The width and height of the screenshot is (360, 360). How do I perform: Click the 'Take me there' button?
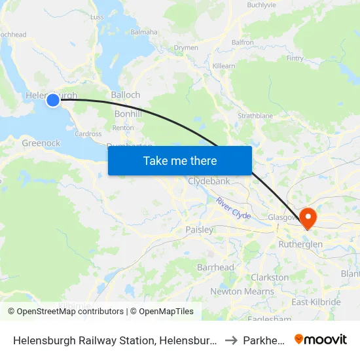(x=180, y=160)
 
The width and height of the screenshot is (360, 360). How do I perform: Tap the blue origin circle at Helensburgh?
(x=53, y=99)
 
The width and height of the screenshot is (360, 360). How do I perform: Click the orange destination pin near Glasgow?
(x=306, y=217)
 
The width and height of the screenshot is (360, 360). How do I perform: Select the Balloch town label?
(x=125, y=95)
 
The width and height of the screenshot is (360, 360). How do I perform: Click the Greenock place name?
(x=41, y=143)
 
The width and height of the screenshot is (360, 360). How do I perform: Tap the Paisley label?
(x=199, y=230)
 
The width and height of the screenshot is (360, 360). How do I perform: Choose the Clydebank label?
(x=208, y=181)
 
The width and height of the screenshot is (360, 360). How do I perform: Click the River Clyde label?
(x=233, y=207)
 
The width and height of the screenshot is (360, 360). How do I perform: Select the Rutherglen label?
(x=300, y=244)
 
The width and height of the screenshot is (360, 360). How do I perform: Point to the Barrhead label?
(x=215, y=268)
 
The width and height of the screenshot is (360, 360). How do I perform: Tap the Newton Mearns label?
(x=233, y=291)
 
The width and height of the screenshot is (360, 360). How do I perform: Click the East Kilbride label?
(x=316, y=302)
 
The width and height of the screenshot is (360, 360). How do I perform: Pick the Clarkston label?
(x=270, y=278)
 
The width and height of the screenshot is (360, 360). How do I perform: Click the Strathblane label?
(x=255, y=116)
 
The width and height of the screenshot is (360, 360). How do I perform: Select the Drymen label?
(x=186, y=48)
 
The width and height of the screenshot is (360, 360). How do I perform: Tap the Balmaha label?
(x=144, y=31)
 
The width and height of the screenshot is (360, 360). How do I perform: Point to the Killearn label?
(x=224, y=67)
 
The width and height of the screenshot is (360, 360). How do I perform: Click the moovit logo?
(x=321, y=339)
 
